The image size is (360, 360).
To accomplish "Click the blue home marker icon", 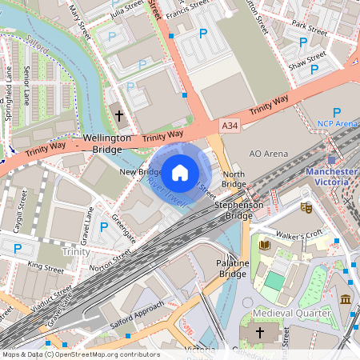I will pyautogui.click(x=180, y=172).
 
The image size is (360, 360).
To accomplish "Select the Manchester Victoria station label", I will pyautogui.click(x=331, y=177).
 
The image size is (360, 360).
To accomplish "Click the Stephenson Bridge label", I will pyautogui.click(x=238, y=210).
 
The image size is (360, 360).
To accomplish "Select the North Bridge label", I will pyautogui.click(x=234, y=179).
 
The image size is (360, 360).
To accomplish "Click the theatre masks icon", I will pyautogui.click(x=306, y=207).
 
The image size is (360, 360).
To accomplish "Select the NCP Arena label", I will pyautogui.click(x=337, y=124).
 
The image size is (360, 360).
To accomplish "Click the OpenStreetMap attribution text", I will pyautogui.click(x=80, y=354).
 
